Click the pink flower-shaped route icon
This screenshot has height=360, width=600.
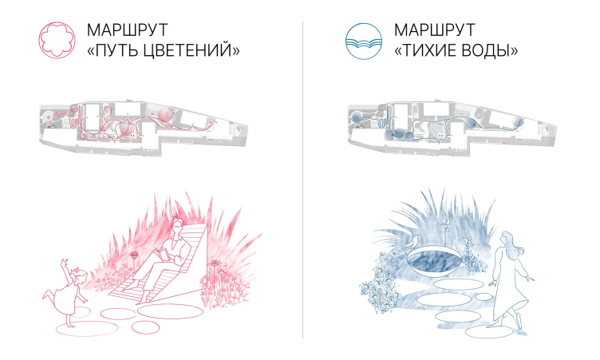57,40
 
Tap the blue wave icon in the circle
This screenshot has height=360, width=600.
364,41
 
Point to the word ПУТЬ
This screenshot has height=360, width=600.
117,50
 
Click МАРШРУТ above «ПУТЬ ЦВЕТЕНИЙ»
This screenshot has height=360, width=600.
127,30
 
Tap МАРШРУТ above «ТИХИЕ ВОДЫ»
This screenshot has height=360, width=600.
434,30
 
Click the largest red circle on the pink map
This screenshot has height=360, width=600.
165,115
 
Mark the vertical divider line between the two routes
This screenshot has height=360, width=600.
302,180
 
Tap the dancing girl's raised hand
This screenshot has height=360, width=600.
64,263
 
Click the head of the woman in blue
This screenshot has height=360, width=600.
507,237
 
